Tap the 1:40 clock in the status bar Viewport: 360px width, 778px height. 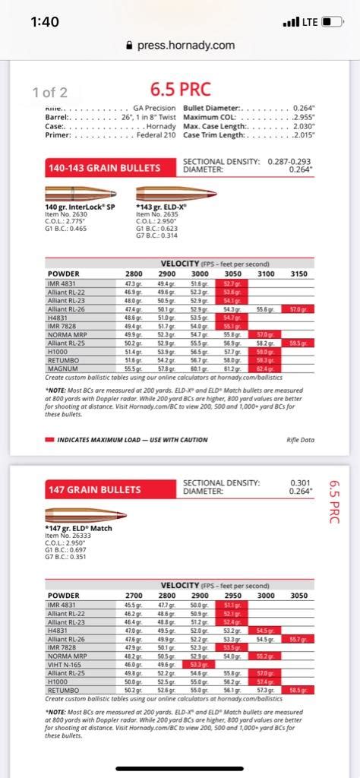point(45,21)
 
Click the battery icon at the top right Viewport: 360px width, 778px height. point(331,21)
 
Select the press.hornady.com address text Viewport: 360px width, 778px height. point(185,46)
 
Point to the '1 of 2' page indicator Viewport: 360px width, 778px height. point(49,93)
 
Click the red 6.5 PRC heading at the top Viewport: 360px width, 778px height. point(179,90)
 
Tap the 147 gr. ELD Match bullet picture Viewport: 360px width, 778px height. point(84,517)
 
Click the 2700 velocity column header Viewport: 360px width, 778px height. point(134,596)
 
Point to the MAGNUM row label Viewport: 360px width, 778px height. point(63,369)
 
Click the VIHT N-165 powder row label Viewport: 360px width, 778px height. point(65,663)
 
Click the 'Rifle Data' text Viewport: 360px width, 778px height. point(299,439)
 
